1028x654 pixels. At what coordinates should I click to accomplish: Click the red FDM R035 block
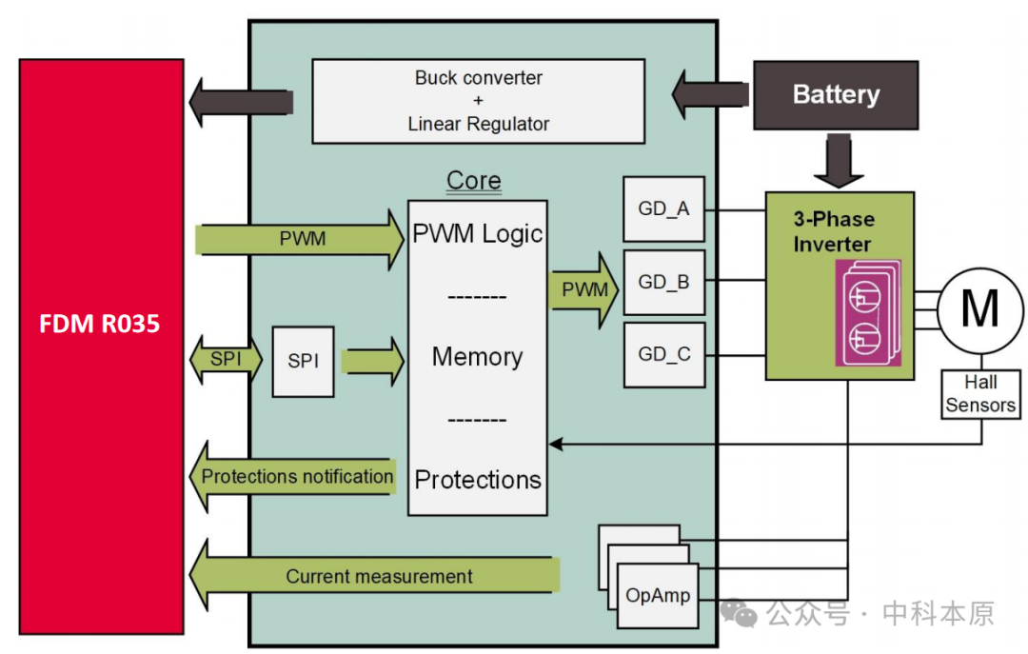[101, 347]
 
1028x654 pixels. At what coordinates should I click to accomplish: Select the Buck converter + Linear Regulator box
[478, 100]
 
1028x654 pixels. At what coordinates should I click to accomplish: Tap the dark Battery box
[836, 95]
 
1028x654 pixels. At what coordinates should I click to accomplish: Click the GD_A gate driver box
[663, 208]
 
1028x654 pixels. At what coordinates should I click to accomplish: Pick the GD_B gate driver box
[663, 282]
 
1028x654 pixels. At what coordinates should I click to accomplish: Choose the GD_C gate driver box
[663, 354]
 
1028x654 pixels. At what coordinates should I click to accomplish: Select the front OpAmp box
[657, 596]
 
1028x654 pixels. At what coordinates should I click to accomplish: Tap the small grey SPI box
[303, 362]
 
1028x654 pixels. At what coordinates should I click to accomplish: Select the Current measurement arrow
[375, 576]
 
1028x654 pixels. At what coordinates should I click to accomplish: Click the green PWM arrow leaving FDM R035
[300, 239]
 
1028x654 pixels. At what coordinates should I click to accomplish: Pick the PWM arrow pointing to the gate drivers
[583, 289]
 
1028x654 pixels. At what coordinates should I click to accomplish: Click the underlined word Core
[473, 181]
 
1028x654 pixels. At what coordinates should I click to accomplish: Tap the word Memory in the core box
[477, 357]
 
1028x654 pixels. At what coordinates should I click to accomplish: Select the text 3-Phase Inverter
[833, 231]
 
